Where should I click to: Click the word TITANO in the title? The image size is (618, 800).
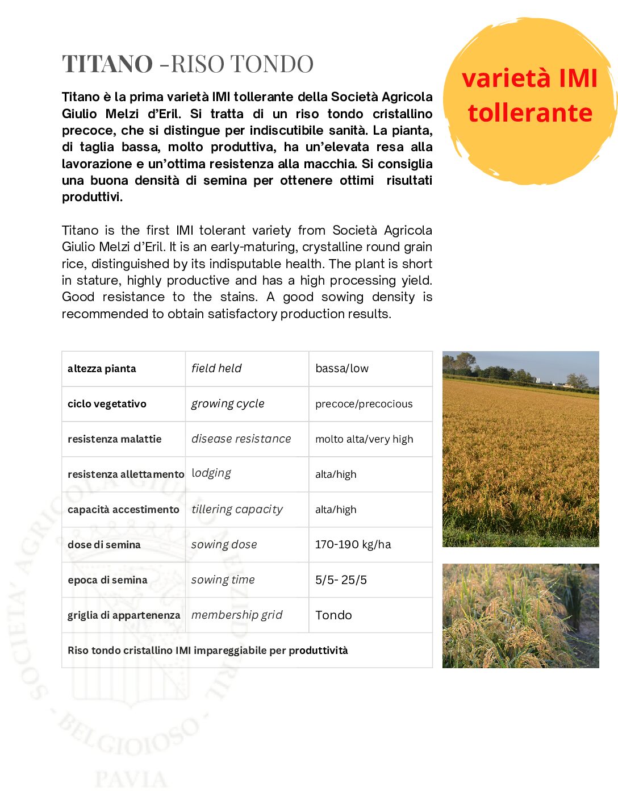[x=107, y=64]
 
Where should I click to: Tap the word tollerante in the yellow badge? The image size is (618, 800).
[x=530, y=113]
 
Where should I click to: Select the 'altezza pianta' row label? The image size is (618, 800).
[x=102, y=369]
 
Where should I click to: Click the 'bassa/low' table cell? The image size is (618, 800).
[x=342, y=369]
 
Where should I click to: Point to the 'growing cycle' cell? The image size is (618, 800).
[x=228, y=404]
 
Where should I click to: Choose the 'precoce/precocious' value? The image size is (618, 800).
[x=364, y=404]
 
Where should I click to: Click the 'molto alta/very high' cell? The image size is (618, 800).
[x=364, y=439]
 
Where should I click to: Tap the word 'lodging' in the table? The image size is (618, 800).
[x=211, y=473]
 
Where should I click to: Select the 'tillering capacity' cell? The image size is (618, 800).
[x=237, y=510]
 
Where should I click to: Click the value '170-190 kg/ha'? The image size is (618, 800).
[x=353, y=544]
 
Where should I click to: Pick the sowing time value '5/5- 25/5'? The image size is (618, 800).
[x=341, y=580]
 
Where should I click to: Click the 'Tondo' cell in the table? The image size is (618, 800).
[x=333, y=615]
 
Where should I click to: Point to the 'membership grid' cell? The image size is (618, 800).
[x=237, y=615]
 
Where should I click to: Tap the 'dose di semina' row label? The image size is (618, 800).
[x=104, y=545]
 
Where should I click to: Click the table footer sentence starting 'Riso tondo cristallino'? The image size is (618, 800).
[x=208, y=651]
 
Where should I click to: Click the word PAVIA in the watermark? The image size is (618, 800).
[x=131, y=780]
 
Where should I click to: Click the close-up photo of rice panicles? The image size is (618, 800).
[x=520, y=616]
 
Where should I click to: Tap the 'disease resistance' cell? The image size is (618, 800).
[x=241, y=439]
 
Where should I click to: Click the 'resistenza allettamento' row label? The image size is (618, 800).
[x=126, y=474]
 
